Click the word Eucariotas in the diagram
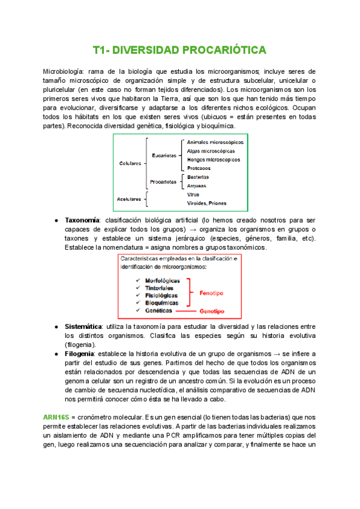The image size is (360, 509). pos(164,155)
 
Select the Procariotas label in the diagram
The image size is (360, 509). pos(164,181)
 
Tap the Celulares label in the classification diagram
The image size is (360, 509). pos(130,163)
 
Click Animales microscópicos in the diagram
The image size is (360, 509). pos(215,142)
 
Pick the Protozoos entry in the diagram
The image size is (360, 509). pos(199,169)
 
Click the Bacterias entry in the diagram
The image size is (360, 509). pos(198,178)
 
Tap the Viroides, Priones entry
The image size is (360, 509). pos(206,203)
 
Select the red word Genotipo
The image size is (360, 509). pos(212,312)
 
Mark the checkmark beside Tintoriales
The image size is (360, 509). pos(139,288)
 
